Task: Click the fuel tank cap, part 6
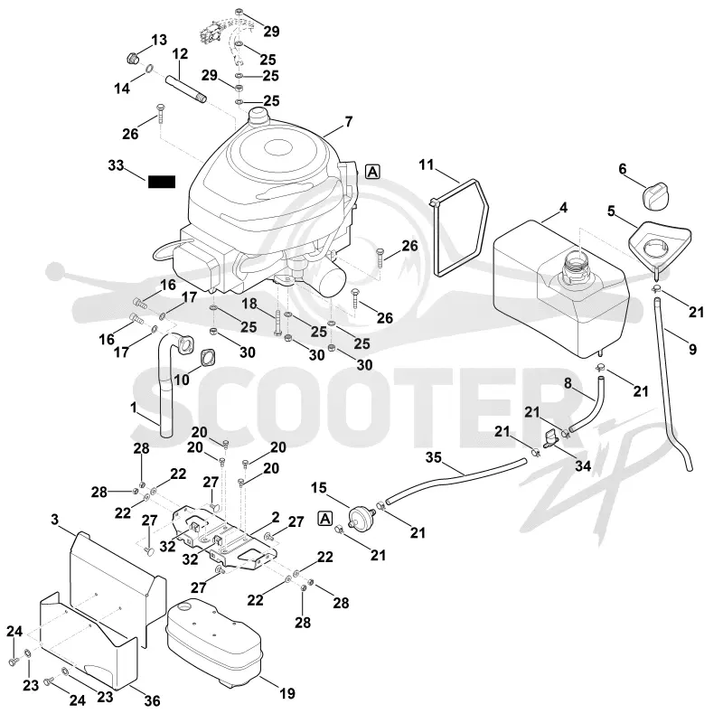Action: pos(654,195)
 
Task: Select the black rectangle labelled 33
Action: pos(162,183)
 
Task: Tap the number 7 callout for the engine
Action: pos(349,122)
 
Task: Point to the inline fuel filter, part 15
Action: pos(361,517)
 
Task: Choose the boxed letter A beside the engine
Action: pos(372,172)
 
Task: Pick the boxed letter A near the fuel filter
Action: pos(325,519)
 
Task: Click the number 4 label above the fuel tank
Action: pos(563,208)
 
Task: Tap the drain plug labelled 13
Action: pos(133,59)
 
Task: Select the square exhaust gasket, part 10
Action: pos(209,358)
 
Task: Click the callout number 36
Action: pos(152,701)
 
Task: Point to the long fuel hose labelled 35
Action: pos(455,481)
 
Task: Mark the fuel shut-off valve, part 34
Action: pos(551,438)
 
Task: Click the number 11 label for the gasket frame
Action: pos(427,164)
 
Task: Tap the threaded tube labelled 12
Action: pos(186,89)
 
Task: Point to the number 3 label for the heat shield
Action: pos(54,520)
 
